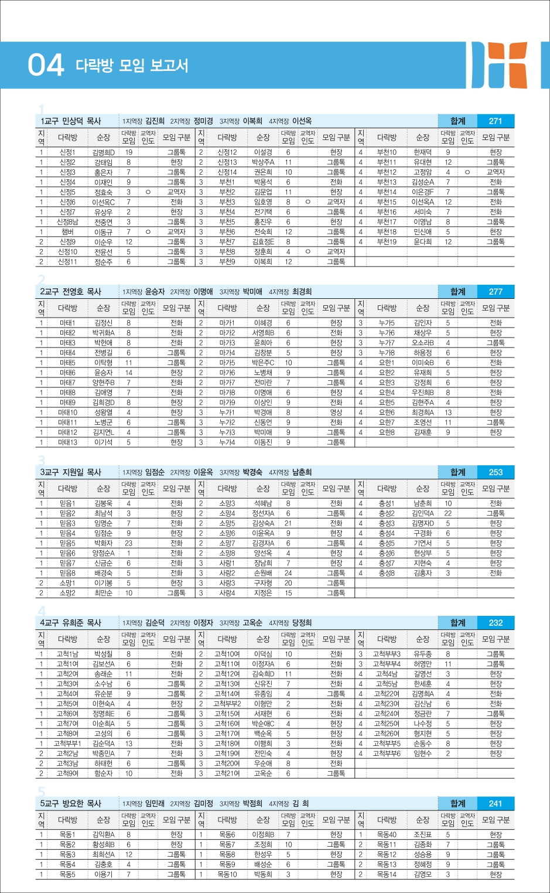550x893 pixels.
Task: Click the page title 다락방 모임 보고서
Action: (x=132, y=65)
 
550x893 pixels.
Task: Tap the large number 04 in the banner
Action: (x=45, y=65)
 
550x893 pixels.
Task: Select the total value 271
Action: (x=496, y=121)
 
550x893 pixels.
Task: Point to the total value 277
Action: (x=496, y=292)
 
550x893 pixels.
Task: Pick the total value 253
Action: (x=496, y=472)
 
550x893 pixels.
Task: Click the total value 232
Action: (x=496, y=623)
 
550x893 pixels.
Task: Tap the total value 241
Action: (x=496, y=803)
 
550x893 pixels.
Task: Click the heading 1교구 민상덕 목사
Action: (x=71, y=121)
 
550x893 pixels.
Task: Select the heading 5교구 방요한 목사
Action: (x=71, y=803)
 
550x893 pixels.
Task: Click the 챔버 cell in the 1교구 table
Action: (x=67, y=232)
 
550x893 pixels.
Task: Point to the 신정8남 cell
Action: (x=67, y=222)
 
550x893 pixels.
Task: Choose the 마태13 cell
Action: (x=67, y=442)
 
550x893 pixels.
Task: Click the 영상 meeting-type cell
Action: (x=336, y=413)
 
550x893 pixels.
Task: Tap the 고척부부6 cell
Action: (x=387, y=754)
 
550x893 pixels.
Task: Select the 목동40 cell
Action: (x=387, y=834)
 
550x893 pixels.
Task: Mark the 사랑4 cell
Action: (x=227, y=593)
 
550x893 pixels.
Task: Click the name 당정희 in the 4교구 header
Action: (x=302, y=623)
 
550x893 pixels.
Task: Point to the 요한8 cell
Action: (x=387, y=432)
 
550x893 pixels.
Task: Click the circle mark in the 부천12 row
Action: (x=467, y=172)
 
